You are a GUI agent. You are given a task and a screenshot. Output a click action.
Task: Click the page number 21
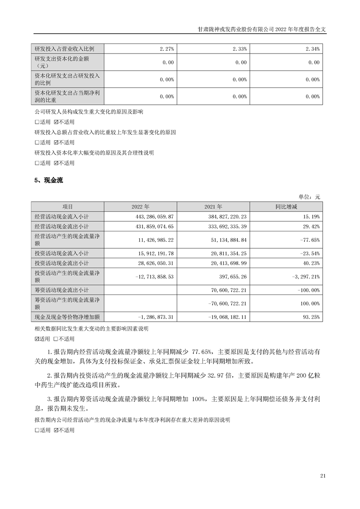coord(323,476)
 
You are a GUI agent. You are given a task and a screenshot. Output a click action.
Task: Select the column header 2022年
coord(140,206)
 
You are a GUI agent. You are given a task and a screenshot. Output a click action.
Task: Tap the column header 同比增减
coord(286,206)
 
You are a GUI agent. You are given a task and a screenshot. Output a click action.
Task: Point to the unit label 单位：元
coord(309,197)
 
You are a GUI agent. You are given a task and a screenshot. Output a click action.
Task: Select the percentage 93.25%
coord(311,317)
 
